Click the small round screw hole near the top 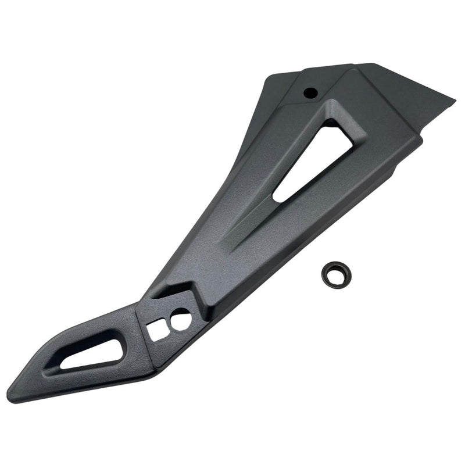pos(310,92)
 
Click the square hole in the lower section pos(158,331)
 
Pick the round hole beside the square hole pos(180,319)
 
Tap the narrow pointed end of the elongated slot pos(64,366)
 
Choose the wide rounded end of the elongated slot pos(119,343)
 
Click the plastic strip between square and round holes pos(169,324)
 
